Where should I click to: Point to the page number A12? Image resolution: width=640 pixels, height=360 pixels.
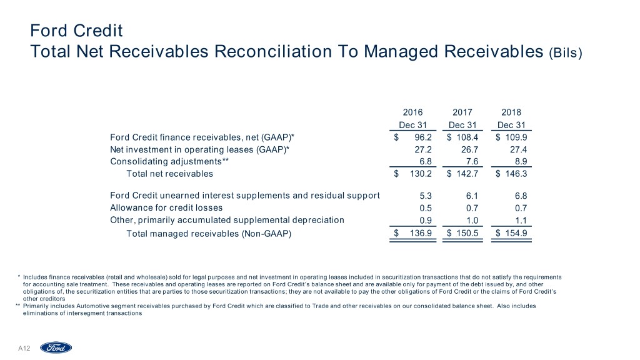coord(25,347)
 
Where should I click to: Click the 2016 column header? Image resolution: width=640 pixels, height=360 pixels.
coord(412,112)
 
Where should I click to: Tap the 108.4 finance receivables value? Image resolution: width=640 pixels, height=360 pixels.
coord(469,137)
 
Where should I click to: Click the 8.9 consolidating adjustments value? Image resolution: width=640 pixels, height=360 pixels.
coord(520,161)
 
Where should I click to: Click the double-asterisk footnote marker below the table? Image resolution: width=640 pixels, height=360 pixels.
coord(17,306)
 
